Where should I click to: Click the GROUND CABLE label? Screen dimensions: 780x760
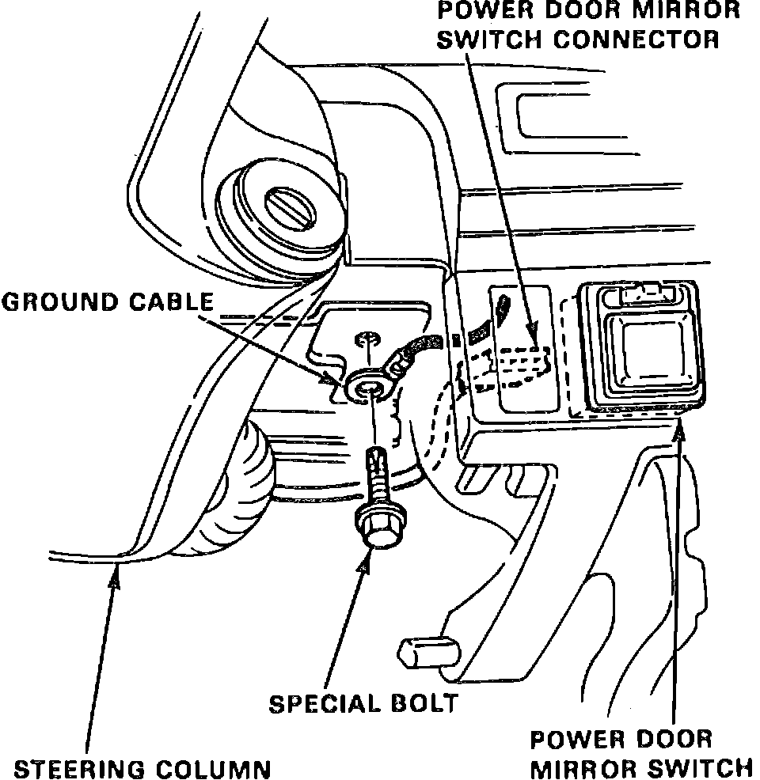[x=108, y=301]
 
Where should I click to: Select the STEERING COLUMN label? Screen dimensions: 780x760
[x=143, y=768]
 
